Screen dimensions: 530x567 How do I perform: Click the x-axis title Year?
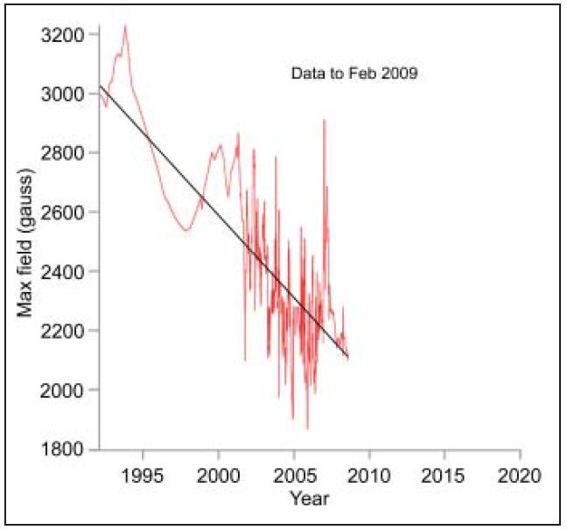coord(309,499)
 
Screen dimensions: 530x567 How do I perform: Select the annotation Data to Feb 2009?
coord(353,74)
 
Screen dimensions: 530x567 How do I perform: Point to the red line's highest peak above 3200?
coord(125,25)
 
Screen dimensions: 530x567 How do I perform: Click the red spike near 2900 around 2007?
coord(324,120)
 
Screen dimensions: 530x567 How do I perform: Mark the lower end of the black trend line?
coord(347,357)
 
